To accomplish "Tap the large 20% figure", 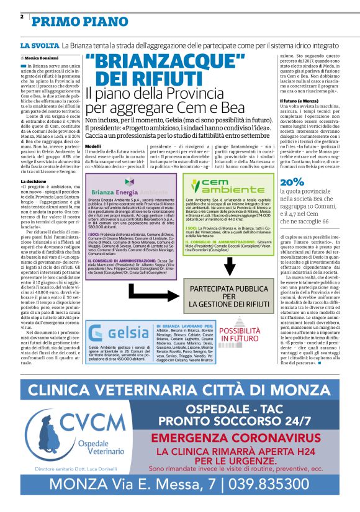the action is [274, 182].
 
